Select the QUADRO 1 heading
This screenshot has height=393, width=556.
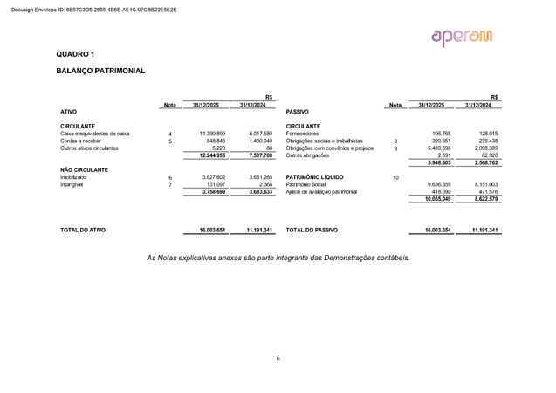75,54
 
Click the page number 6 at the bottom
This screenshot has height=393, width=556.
278,357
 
